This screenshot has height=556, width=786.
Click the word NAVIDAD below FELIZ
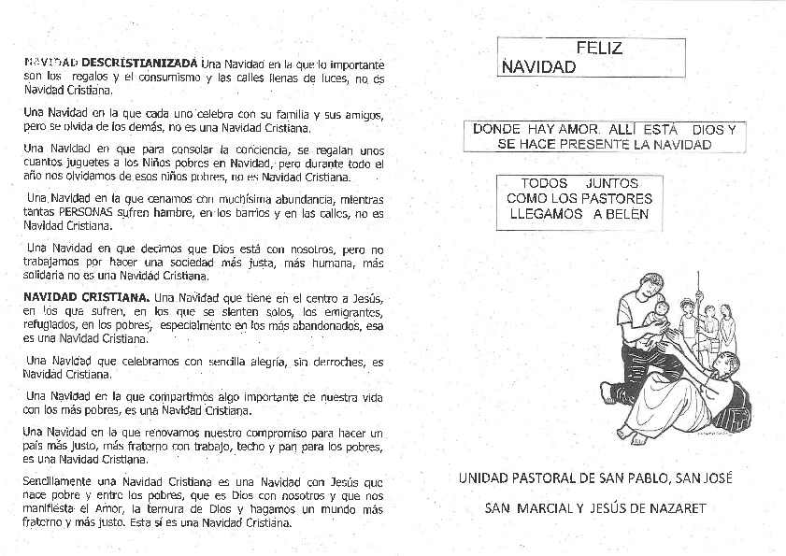pyautogui.click(x=538, y=67)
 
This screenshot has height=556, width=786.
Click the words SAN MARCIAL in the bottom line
pyautogui.click(x=523, y=508)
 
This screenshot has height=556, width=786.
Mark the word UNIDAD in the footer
pyautogui.click(x=482, y=478)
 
